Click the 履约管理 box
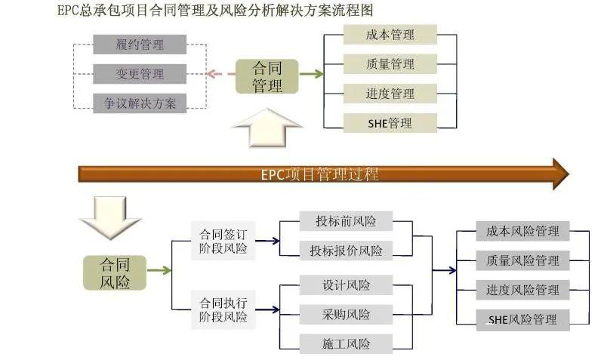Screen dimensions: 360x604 tap(140, 45)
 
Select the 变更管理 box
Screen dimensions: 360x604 tap(140, 74)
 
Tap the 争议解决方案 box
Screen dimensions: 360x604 tap(140, 103)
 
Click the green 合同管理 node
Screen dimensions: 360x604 tap(267, 76)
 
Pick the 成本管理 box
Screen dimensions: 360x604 tap(390, 34)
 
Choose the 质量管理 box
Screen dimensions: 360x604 tap(390, 63)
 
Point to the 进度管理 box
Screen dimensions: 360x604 tap(390, 93)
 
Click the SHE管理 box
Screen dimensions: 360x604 tap(390, 122)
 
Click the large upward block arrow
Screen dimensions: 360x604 tap(267, 128)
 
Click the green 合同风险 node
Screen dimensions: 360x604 tap(115, 272)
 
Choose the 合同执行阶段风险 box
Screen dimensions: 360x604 tap(223, 309)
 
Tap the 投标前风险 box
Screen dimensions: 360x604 tap(346, 221)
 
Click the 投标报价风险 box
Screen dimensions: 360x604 tap(346, 250)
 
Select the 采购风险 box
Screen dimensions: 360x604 tap(346, 314)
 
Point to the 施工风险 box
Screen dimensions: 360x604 tap(346, 343)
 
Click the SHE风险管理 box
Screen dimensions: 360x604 tap(522, 319)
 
